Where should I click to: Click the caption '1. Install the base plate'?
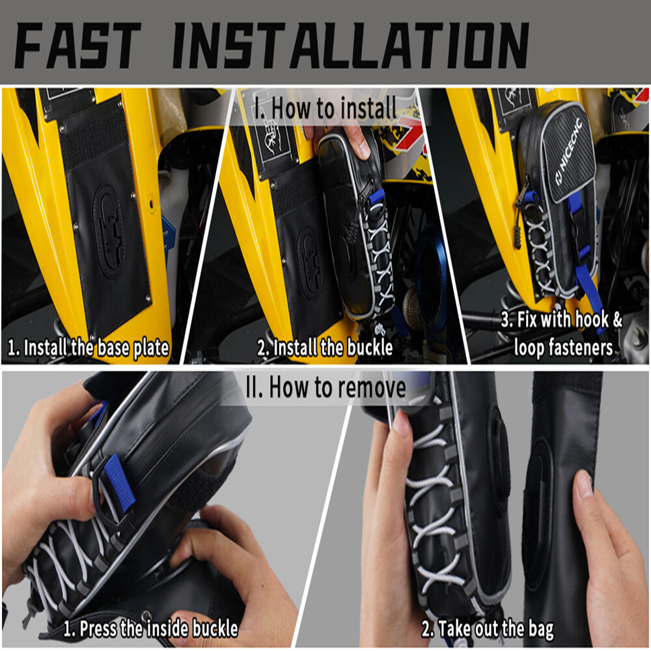click(x=89, y=348)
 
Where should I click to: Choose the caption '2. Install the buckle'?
click(x=325, y=348)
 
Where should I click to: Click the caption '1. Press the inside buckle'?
click(x=150, y=629)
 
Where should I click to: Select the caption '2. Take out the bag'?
click(x=488, y=629)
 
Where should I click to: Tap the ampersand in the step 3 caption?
click(x=616, y=320)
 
